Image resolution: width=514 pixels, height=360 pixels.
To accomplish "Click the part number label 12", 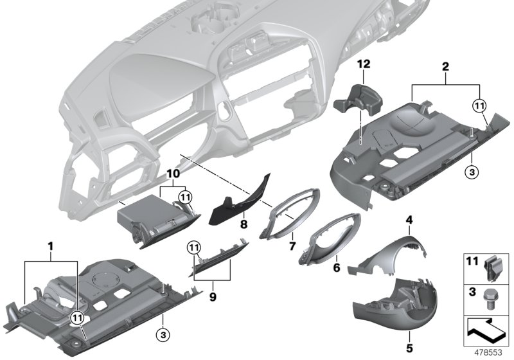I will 364,64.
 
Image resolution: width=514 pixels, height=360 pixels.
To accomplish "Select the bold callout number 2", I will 445,66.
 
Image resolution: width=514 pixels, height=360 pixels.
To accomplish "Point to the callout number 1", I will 51,246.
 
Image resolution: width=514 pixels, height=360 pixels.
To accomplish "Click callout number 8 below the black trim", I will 243,225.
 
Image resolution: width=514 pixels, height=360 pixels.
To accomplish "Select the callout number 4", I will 408,221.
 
